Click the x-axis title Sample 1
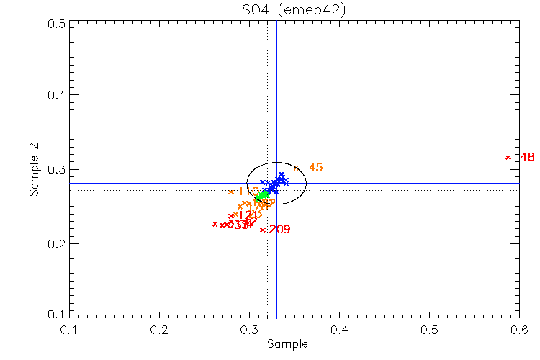point(294,344)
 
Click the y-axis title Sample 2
point(33,169)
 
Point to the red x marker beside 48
point(508,157)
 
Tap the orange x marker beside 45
point(296,168)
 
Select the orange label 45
point(315,168)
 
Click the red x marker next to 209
point(263,230)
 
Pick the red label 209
point(279,230)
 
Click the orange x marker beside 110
point(231,192)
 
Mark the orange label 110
point(247,192)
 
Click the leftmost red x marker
point(215,224)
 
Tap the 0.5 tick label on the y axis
point(58,23)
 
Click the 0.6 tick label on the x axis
point(519,329)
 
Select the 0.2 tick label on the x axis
point(159,329)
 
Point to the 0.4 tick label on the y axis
point(58,96)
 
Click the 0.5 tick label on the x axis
point(429,329)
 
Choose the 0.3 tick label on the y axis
point(58,170)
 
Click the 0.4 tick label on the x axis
point(339,329)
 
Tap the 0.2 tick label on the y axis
point(58,244)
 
